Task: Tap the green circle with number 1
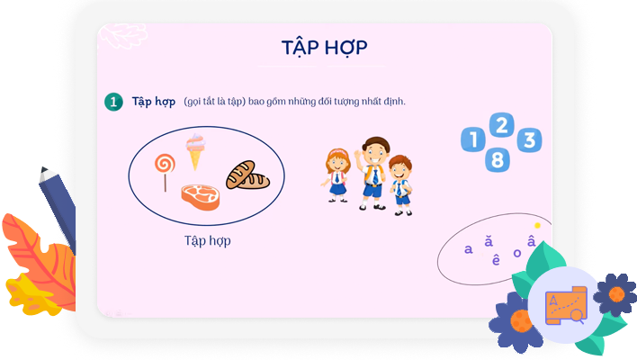pyautogui.click(x=113, y=102)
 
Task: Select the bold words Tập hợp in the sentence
pyautogui.click(x=153, y=101)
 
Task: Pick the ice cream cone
pyautogui.click(x=195, y=150)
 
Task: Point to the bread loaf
pyautogui.click(x=247, y=175)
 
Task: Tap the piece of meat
pyautogui.click(x=200, y=196)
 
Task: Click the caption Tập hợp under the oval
pyautogui.click(x=207, y=240)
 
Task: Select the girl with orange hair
pyautogui.click(x=337, y=174)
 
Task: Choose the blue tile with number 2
pyautogui.click(x=502, y=124)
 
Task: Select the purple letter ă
pyautogui.click(x=489, y=241)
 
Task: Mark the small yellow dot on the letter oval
pyautogui.click(x=537, y=225)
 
